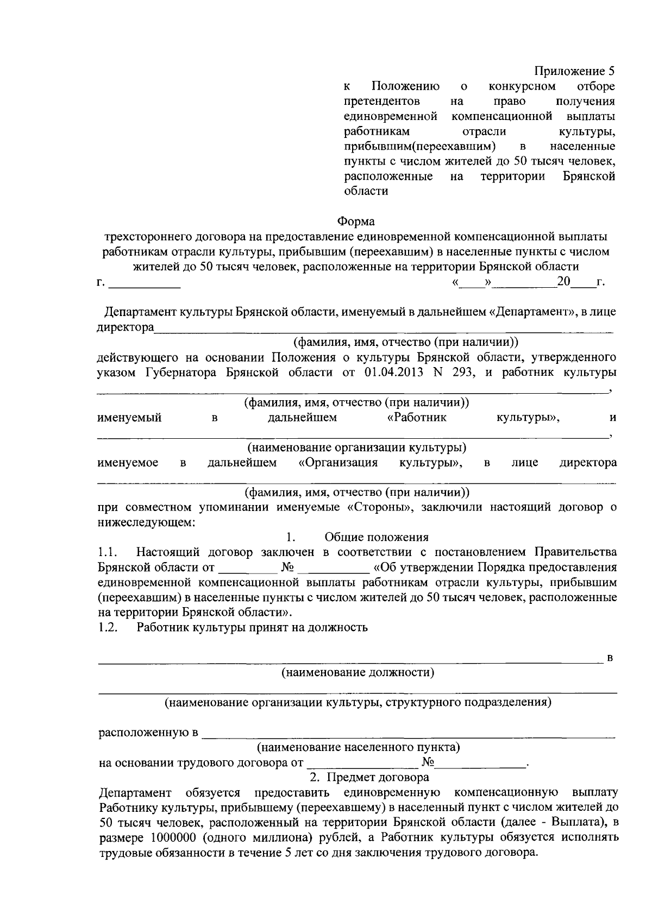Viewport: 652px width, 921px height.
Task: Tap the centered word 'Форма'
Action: tap(356, 221)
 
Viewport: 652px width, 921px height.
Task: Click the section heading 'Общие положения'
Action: tap(376, 537)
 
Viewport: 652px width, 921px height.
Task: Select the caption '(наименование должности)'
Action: tap(357, 673)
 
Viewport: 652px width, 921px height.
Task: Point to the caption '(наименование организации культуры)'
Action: tap(357, 447)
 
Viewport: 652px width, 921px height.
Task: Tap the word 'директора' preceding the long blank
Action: tap(125, 327)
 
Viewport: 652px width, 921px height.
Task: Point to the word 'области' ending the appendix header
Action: tap(366, 191)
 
